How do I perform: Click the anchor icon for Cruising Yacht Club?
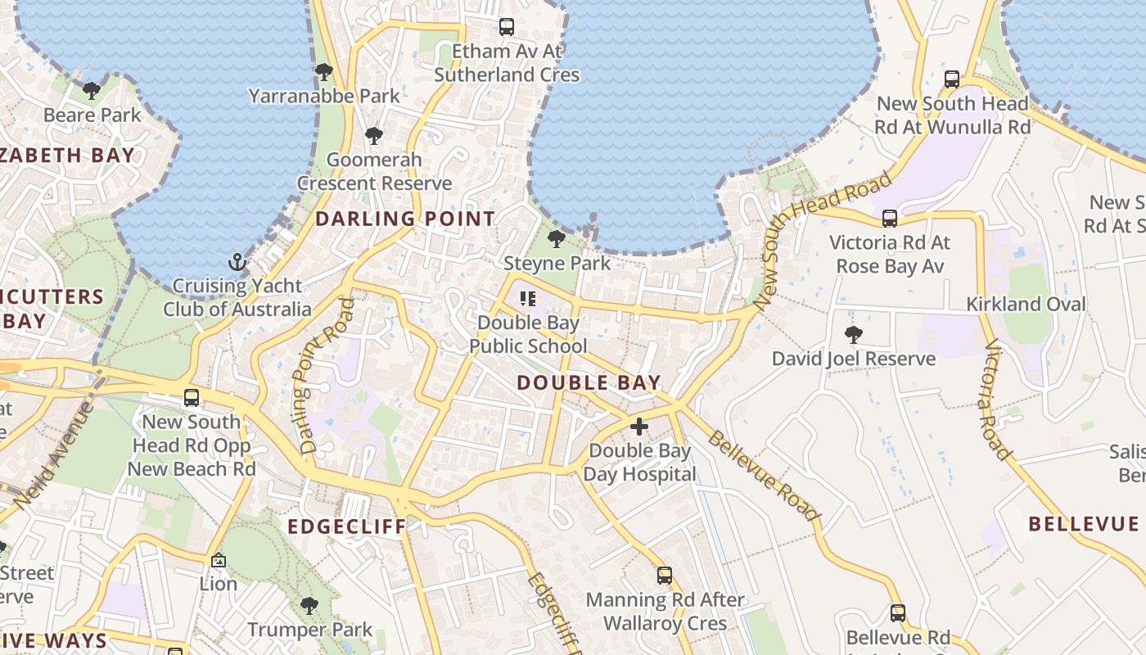[237, 262]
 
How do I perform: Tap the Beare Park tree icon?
[92, 90]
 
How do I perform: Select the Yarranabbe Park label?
[324, 96]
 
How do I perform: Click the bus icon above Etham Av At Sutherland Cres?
[507, 27]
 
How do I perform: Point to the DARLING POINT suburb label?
[405, 219]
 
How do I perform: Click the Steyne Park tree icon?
[557, 239]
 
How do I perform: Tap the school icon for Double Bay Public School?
[528, 299]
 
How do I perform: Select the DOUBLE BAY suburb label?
[589, 382]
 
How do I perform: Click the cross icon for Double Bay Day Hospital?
[639, 427]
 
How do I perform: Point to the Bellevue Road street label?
[763, 475]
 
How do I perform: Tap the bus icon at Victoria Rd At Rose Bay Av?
[890, 219]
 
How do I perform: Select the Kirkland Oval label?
[1026, 304]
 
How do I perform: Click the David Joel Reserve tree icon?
[854, 334]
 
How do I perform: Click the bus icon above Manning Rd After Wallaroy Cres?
[665, 576]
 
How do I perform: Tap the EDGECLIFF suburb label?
[346, 526]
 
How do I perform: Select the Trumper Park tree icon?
[309, 606]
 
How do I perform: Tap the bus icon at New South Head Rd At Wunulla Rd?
[952, 79]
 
